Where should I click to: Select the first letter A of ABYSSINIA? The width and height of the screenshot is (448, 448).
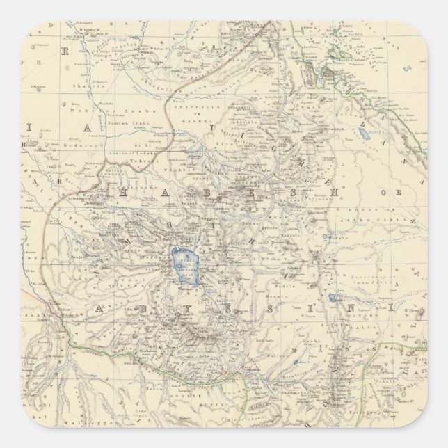coord(102,307)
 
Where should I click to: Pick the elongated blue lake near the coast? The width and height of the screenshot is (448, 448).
coord(364,134)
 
